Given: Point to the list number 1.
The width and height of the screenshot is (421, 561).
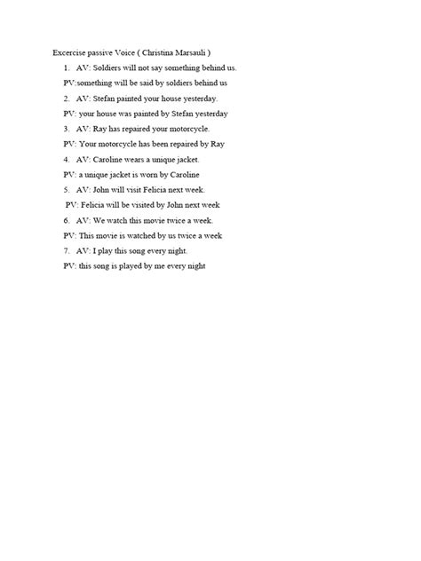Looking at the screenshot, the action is tap(66, 67).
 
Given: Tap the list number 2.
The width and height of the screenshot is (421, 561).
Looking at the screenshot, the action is tap(66, 99).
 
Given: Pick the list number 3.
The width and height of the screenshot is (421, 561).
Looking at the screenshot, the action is tap(66, 129).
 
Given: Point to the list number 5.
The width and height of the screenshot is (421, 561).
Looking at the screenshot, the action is tap(66, 189).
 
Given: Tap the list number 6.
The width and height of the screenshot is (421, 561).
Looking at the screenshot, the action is tap(66, 220).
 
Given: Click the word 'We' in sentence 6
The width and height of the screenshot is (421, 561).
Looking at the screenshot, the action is tap(99, 220).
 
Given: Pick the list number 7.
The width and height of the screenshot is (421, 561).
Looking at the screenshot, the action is tap(66, 250).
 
